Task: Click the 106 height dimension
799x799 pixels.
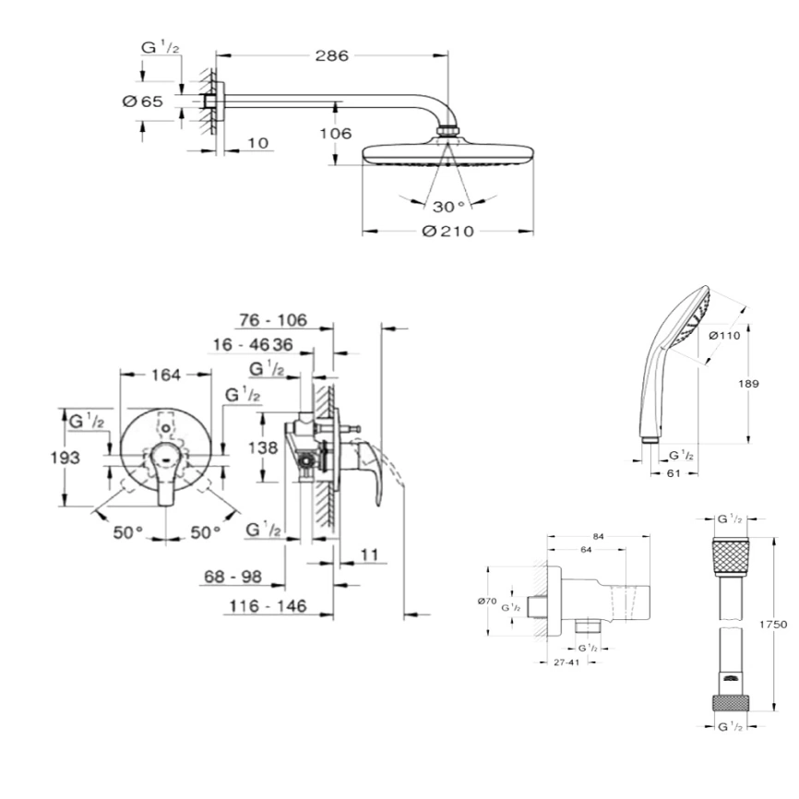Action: tap(336, 133)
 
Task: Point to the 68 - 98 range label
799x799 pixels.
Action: tap(232, 577)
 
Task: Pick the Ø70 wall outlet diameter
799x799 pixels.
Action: tap(488, 601)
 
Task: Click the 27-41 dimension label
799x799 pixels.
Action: tap(554, 662)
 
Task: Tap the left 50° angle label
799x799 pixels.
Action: tap(127, 531)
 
